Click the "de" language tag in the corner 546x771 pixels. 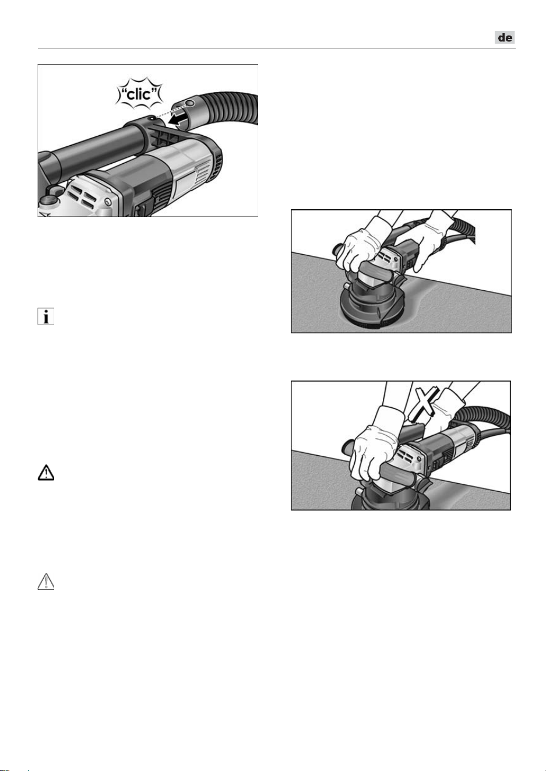tap(505, 37)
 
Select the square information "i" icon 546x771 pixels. tap(46, 316)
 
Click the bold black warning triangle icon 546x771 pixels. tap(46, 473)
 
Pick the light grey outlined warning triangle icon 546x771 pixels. tap(46, 582)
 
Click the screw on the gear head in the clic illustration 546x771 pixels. tap(108, 202)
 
